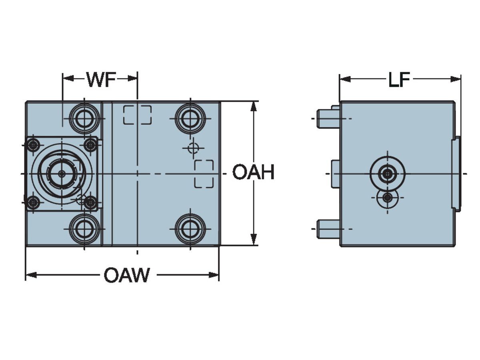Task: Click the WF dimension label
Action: [101, 80]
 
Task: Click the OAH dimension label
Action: [253, 173]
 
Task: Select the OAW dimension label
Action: [127, 275]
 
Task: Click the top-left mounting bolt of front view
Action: [84, 118]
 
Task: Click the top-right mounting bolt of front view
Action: [190, 118]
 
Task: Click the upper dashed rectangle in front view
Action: [137, 115]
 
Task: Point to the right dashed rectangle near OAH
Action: [204, 174]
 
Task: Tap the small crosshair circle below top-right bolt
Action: [193, 148]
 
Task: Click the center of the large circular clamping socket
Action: [62, 173]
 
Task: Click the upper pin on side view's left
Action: [328, 118]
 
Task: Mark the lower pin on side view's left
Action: [328, 229]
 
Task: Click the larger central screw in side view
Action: [387, 174]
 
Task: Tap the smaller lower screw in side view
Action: [387, 198]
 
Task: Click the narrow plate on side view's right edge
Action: [456, 174]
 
